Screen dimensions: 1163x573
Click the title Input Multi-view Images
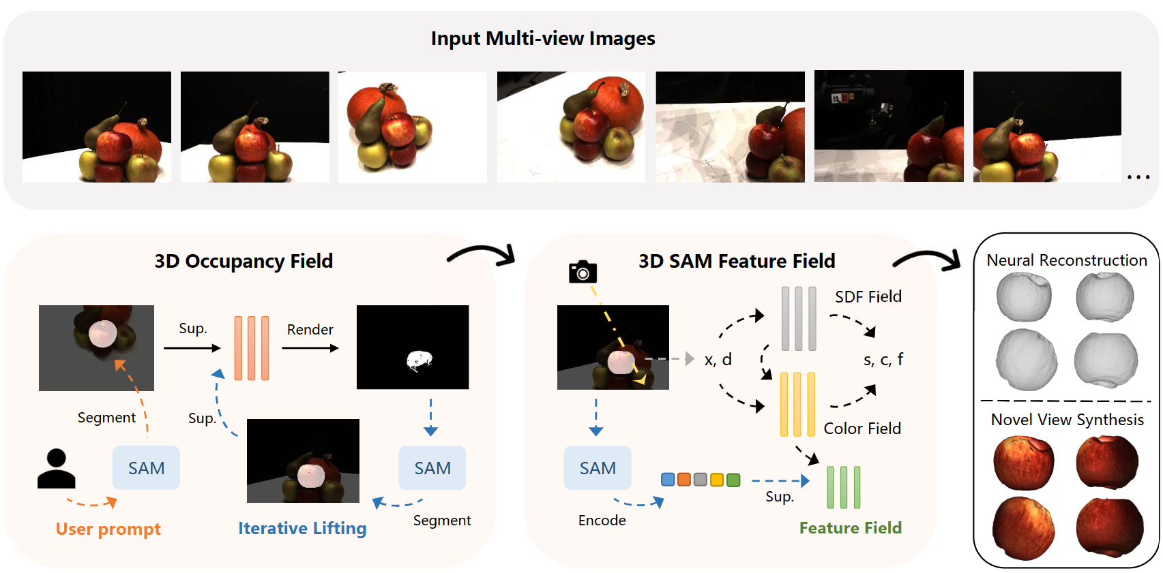pyautogui.click(x=542, y=39)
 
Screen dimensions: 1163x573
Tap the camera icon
pyautogui.click(x=583, y=272)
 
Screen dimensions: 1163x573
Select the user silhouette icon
pyautogui.click(x=56, y=469)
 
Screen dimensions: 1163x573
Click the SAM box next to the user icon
pyautogui.click(x=146, y=468)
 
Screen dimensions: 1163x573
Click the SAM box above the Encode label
pyautogui.click(x=597, y=468)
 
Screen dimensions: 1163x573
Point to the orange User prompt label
pyautogui.click(x=108, y=529)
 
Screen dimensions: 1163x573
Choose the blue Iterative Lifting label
pyautogui.click(x=302, y=529)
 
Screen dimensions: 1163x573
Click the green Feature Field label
pyautogui.click(x=850, y=528)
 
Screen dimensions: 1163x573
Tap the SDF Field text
pyautogui.click(x=868, y=297)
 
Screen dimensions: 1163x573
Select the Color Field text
pyautogui.click(x=862, y=429)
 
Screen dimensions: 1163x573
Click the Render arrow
pyautogui.click(x=310, y=348)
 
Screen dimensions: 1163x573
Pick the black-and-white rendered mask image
pyautogui.click(x=413, y=347)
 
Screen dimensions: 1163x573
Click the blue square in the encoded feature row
pyautogui.click(x=668, y=480)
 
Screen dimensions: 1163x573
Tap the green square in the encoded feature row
pyautogui.click(x=733, y=480)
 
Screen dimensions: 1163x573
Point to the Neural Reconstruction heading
pyautogui.click(x=1066, y=260)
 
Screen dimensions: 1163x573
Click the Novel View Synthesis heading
pyautogui.click(x=1067, y=420)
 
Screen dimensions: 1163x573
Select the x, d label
pyautogui.click(x=718, y=360)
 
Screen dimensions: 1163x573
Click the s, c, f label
pyautogui.click(x=883, y=360)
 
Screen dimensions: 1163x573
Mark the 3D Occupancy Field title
pyautogui.click(x=244, y=262)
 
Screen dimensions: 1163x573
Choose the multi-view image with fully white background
pyautogui.click(x=413, y=127)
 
